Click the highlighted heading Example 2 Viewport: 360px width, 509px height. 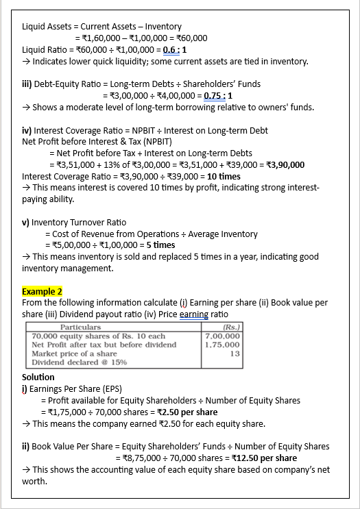(x=43, y=291)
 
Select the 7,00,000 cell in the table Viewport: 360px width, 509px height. (x=223, y=336)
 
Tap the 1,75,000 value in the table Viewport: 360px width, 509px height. (x=223, y=345)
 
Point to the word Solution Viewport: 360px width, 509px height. (x=38, y=377)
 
